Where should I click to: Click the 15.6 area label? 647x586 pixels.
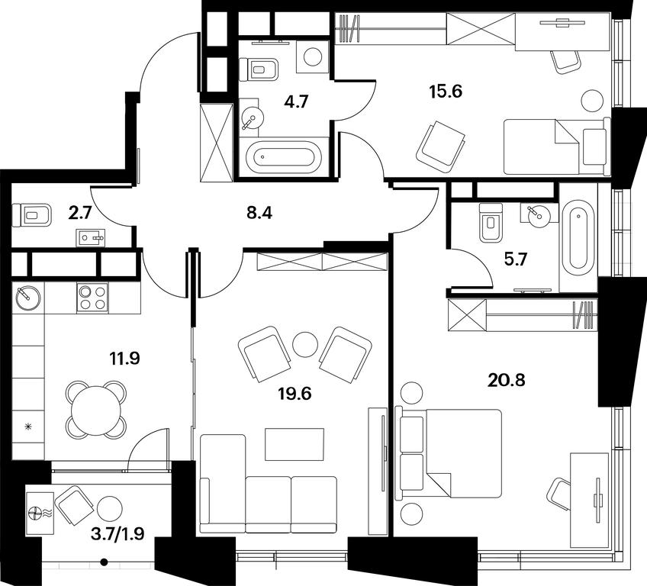446,92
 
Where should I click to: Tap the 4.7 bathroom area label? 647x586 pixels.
296,101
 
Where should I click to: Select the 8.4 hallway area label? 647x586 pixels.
259,213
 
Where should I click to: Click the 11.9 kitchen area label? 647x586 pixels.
124,358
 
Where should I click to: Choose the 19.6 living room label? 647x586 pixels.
295,394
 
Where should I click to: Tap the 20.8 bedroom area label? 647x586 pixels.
507,380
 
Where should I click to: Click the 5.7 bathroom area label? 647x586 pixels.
517,260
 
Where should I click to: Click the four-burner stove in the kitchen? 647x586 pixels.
92,298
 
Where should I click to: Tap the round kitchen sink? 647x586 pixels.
28,298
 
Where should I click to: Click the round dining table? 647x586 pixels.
96,411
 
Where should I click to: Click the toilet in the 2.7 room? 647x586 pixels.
32,214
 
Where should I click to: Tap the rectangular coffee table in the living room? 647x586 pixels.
295,444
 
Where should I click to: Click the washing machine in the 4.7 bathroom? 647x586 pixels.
312,56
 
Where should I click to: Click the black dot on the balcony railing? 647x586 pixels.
105,562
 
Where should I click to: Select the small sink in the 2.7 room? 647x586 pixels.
90,238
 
